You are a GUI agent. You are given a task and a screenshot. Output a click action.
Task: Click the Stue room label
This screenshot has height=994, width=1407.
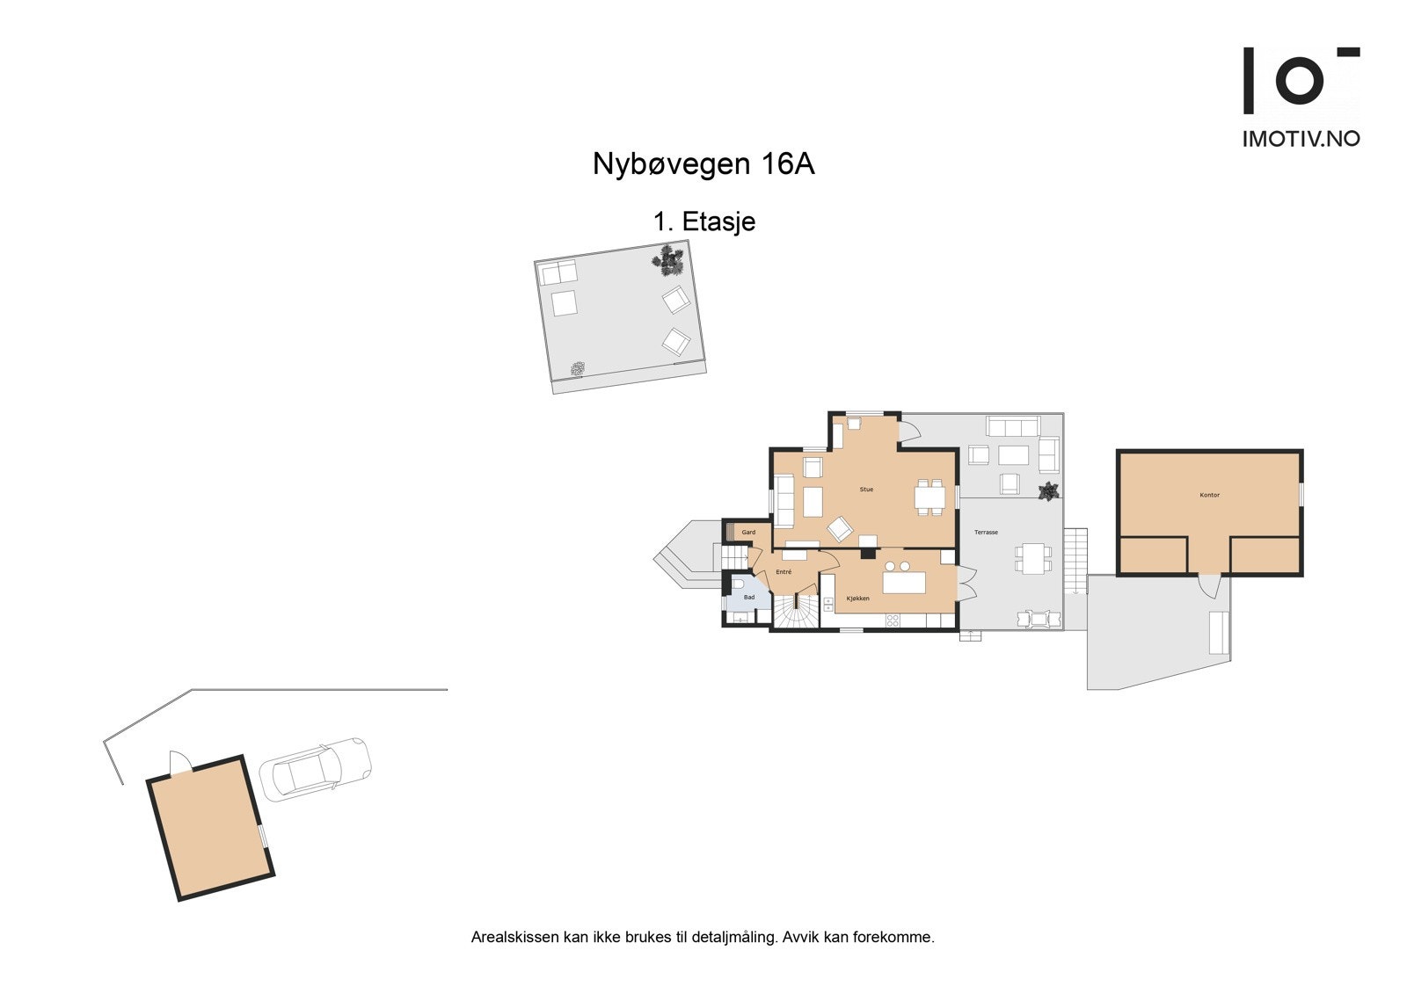[866, 490]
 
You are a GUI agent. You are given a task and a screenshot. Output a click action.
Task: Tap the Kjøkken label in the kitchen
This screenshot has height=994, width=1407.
[857, 599]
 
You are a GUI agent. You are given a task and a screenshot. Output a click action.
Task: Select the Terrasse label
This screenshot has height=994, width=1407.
[986, 533]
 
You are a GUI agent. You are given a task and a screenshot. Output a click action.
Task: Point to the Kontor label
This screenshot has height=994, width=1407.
[1209, 496]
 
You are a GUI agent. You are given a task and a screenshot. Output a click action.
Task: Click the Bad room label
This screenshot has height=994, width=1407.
[749, 598]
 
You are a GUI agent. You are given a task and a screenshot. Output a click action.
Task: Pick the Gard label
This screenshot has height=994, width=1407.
[748, 533]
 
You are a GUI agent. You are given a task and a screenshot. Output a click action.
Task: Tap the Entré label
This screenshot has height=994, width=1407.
[784, 572]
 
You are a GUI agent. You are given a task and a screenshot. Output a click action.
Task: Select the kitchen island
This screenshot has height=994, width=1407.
[904, 582]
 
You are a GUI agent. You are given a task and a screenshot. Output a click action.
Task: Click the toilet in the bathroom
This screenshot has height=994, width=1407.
[739, 584]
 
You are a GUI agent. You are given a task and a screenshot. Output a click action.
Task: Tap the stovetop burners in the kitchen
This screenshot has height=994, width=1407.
[893, 620]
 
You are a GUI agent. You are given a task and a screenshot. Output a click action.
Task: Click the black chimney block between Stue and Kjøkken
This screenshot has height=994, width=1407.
[868, 554]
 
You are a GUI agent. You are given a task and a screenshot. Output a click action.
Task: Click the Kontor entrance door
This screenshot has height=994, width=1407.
[1210, 583]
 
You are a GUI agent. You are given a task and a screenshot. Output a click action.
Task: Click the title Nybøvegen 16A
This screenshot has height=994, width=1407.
[703, 164]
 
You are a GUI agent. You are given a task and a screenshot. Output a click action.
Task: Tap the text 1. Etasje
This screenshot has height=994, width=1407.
[703, 221]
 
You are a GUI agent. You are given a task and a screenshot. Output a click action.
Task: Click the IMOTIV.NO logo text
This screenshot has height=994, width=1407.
[1301, 138]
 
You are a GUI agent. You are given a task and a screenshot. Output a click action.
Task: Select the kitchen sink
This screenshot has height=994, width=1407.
[828, 604]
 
